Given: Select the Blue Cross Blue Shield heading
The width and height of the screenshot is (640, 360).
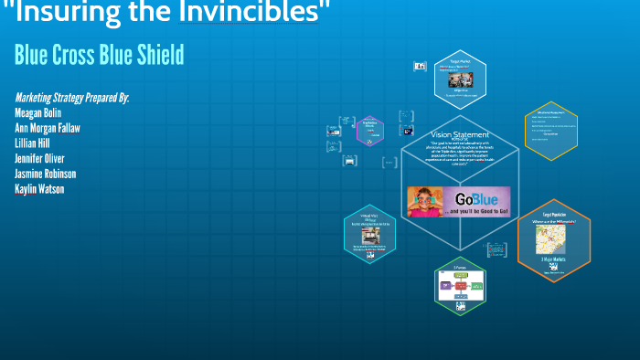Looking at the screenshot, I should pyautogui.click(x=99, y=55).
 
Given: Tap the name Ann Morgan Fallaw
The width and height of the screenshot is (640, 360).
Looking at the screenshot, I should pyautogui.click(x=48, y=128).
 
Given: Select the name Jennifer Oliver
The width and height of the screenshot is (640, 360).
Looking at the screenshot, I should pyautogui.click(x=39, y=158).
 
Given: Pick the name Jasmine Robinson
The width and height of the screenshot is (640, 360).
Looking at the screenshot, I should pyautogui.click(x=46, y=174).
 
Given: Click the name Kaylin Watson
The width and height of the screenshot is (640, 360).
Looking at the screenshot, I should pyautogui.click(x=39, y=189).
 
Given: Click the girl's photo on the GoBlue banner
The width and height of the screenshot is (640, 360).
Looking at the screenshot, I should pyautogui.click(x=426, y=201).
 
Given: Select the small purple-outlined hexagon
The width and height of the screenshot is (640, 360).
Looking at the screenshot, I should pyautogui.click(x=369, y=132).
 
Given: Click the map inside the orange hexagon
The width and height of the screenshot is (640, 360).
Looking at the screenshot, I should pyautogui.click(x=553, y=240).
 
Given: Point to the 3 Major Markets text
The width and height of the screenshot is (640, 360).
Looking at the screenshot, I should pyautogui.click(x=554, y=259).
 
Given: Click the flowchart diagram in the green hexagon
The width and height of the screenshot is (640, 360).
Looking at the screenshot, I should pyautogui.click(x=460, y=286).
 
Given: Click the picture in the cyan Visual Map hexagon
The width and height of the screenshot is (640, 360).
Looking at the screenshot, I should pyautogui.click(x=370, y=235).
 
